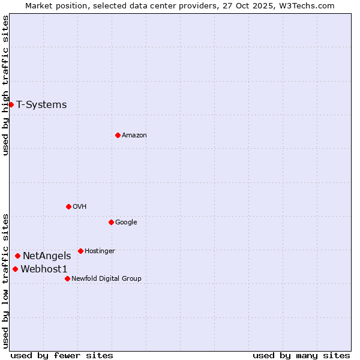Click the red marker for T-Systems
pos(11,104)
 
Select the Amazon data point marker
pos(118,135)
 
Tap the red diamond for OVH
pos(68,206)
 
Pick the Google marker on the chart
pos(111,222)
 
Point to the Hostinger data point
pos(80,251)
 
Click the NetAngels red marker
pos(17,256)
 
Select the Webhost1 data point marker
pos(15,269)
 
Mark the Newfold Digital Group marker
pos(67,278)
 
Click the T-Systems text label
pos(41,104)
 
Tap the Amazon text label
pos(134,135)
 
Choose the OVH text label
pos(80,206)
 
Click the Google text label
pos(126,222)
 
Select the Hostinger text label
pos(100,251)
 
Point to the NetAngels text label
pos(47,256)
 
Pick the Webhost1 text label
pos(44,269)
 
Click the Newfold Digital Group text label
pos(106,278)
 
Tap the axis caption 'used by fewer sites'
pos(62,355)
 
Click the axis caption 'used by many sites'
pos(301,355)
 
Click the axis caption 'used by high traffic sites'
pos(5,85)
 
